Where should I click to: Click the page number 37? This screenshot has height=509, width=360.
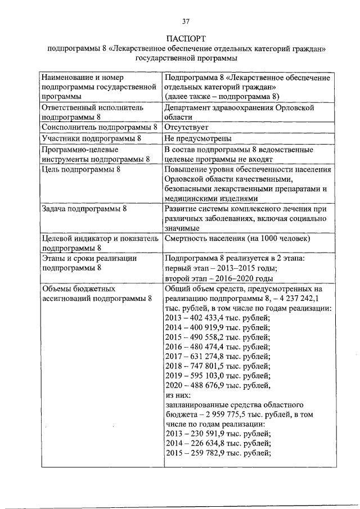click(x=186, y=21)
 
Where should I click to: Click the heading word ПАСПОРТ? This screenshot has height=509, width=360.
click(x=186, y=39)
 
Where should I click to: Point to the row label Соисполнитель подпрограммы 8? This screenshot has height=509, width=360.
click(x=99, y=128)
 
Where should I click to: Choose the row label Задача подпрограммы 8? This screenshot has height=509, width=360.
click(x=85, y=209)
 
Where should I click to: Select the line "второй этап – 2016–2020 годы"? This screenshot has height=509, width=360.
click(x=219, y=278)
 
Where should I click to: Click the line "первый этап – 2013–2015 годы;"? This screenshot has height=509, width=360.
click(x=220, y=268)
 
